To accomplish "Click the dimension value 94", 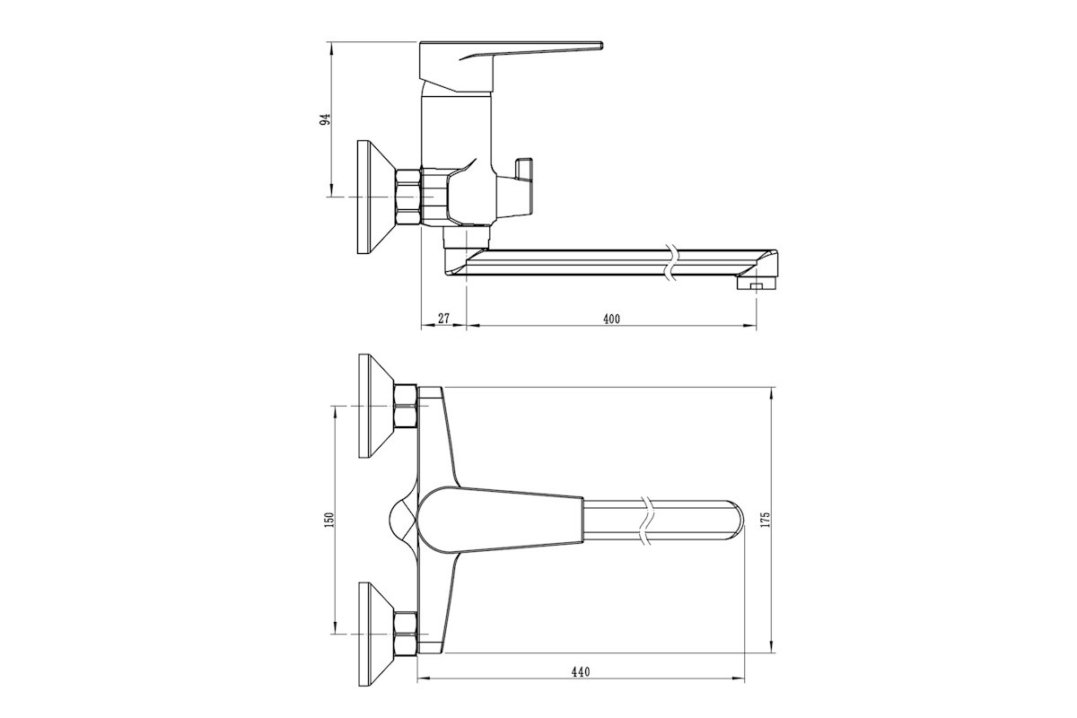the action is coord(326,119).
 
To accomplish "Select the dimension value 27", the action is coord(443,318).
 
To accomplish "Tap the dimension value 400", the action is coord(611,319).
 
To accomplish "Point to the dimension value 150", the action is coord(329,521).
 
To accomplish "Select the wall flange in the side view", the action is coord(376,197).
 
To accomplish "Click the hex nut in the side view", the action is coord(407,197).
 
